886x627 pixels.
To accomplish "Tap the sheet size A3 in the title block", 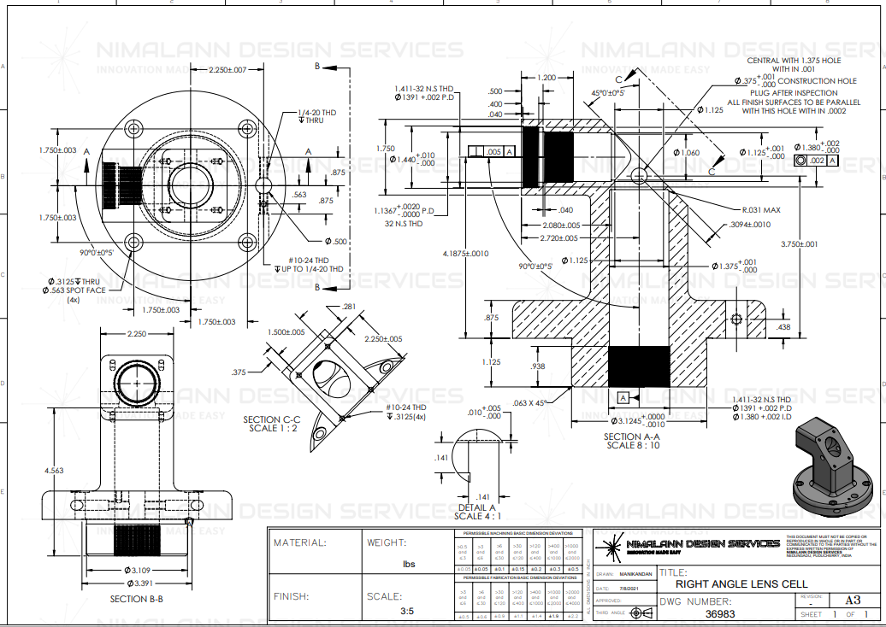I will tap(852, 601).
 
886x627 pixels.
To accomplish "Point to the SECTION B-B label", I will tap(136, 599).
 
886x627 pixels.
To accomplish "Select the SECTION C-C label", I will tap(271, 419).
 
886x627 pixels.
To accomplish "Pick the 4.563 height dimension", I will tap(54, 470).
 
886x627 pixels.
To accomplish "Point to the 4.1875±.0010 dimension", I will tap(465, 254).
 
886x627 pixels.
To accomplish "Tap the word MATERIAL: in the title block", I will tap(299, 542).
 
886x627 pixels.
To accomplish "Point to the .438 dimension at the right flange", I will tap(784, 326).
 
